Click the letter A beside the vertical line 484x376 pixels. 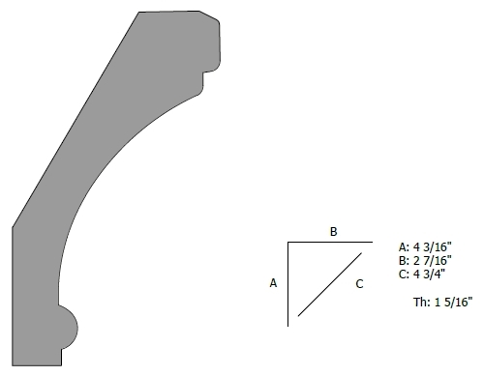tap(273, 283)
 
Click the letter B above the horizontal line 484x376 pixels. tap(333, 231)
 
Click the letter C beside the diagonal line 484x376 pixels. tap(359, 284)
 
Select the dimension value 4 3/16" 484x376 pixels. tap(433, 246)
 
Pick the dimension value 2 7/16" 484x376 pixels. tap(433, 260)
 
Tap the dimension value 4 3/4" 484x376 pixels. tap(429, 274)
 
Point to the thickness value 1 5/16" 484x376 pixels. tap(453, 302)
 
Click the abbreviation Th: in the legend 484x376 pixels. tap(422, 302)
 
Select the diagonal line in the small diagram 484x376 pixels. tap(330, 284)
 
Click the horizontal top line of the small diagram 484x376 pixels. tap(330, 242)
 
